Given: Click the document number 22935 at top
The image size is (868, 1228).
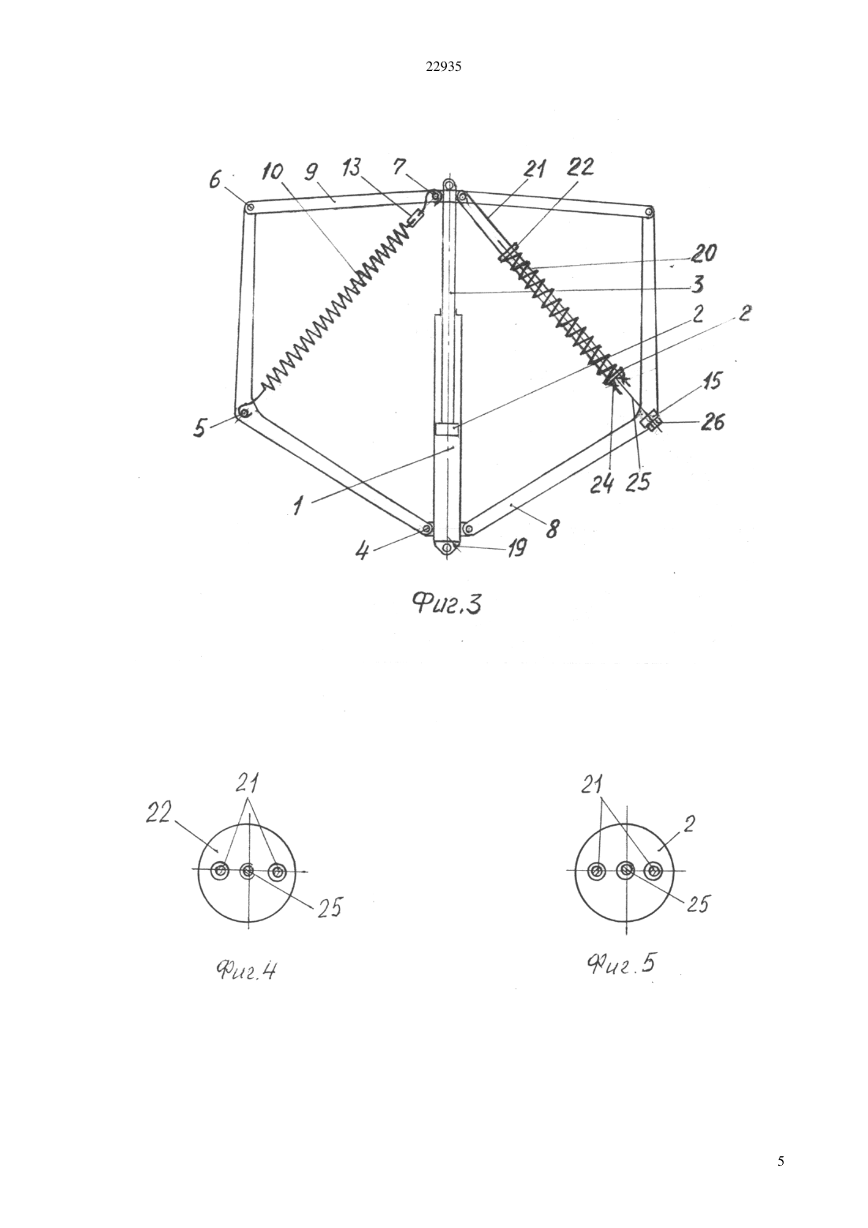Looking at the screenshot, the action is tap(444, 67).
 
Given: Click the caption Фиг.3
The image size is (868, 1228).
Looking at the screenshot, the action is tap(447, 605).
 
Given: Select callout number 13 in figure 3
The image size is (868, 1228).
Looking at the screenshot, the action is tap(352, 167).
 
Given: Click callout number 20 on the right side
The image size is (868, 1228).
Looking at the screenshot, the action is tap(703, 253).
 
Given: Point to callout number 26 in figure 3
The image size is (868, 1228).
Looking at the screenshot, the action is tap(711, 422).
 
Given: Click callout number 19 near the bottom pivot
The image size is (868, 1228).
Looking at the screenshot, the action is tap(516, 547).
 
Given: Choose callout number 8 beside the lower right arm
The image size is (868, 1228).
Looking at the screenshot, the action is tap(552, 529).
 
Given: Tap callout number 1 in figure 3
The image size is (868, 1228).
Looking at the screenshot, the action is tap(297, 506).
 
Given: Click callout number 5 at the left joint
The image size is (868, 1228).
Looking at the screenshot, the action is tap(200, 427).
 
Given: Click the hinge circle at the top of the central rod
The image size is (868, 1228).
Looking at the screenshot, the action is tap(449, 184).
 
